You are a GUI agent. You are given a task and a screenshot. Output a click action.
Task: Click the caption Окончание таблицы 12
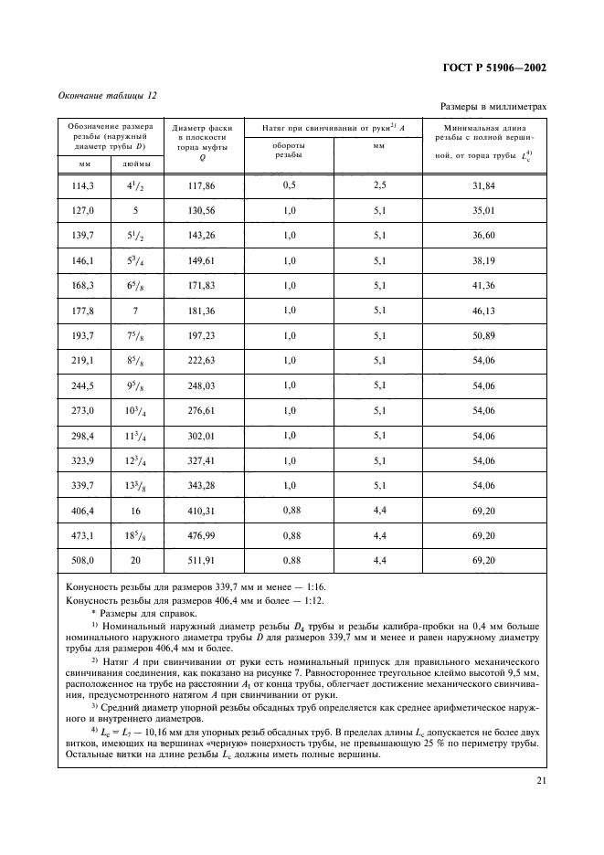[108, 95]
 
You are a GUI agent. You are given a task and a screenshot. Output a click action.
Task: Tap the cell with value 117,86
[200, 186]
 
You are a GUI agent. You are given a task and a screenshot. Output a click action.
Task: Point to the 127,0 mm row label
[82, 210]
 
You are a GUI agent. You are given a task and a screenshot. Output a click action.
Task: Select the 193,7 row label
[82, 336]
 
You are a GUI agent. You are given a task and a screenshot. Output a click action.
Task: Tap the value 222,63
[200, 361]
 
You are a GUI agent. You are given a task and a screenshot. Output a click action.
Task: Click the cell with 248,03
[200, 386]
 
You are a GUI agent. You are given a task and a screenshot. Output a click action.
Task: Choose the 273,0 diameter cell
[82, 411]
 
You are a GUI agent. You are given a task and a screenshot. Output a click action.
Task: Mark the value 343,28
[200, 486]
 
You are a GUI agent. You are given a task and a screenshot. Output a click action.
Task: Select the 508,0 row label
[82, 560]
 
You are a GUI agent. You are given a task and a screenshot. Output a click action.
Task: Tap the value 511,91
[200, 560]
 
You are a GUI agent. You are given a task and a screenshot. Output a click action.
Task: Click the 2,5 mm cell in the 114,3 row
[379, 186]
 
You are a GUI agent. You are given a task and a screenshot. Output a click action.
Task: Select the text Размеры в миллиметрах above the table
[494, 107]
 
